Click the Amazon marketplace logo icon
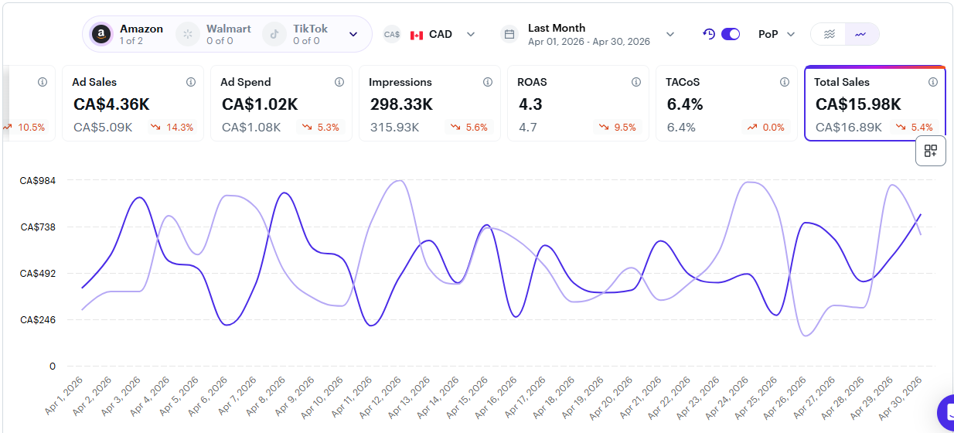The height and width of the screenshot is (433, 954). (101, 34)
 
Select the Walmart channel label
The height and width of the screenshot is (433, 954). (229, 29)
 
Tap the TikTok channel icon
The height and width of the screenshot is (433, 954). (274, 34)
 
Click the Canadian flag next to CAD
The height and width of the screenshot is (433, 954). (417, 35)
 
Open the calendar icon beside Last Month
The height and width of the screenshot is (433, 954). (509, 34)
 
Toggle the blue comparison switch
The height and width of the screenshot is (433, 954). (731, 34)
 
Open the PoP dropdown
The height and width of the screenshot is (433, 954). (776, 34)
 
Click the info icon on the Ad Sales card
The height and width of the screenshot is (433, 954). (191, 82)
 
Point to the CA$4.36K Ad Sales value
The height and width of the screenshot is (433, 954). (111, 104)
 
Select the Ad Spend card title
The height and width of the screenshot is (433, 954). (245, 82)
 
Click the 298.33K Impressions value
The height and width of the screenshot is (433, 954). (401, 104)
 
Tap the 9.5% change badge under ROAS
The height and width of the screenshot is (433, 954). (617, 128)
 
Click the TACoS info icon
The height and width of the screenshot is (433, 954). (785, 82)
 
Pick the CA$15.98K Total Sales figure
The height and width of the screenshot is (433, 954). (858, 104)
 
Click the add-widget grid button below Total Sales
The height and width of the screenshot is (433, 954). (931, 151)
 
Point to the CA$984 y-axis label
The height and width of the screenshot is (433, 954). (37, 180)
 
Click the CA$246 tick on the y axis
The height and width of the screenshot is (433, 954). (37, 320)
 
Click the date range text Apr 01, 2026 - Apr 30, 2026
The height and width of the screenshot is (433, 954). (589, 41)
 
